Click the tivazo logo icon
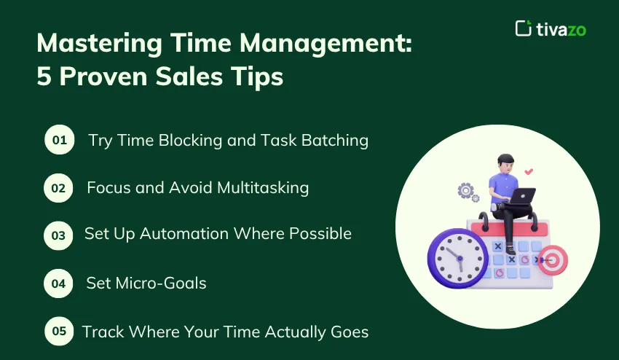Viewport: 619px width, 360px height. pos(522,28)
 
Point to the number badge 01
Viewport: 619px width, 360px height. pos(59,141)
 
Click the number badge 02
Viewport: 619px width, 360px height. pos(59,188)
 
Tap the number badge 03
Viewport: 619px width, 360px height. pos(59,235)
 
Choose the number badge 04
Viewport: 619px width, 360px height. pos(59,283)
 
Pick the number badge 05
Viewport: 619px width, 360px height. pos(59,331)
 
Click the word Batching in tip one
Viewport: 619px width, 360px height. pos(337,140)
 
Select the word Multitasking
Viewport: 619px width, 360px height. pos(263,187)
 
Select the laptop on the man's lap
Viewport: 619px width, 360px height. pos(521,195)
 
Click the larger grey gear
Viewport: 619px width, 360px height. pos(465,191)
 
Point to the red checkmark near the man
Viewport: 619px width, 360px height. pos(529,172)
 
